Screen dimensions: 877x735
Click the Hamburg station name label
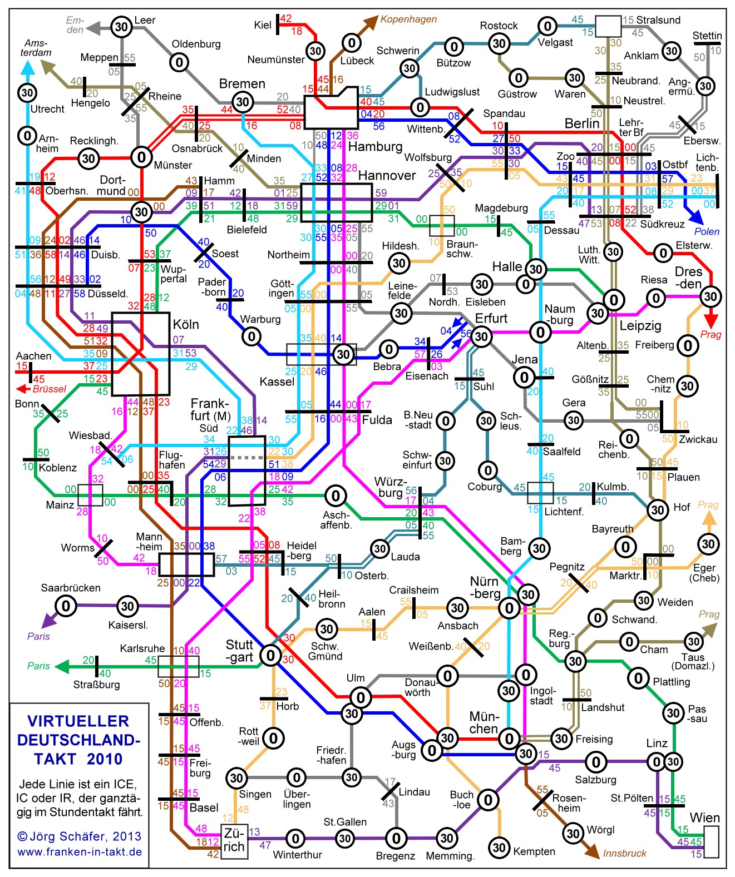(375, 147)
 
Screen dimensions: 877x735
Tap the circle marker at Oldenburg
(179, 62)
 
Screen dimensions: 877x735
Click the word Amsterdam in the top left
(37, 48)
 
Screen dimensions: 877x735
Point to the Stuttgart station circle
(270, 655)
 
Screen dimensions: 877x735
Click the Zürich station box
(234, 841)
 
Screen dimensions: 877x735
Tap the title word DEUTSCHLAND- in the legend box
(78, 740)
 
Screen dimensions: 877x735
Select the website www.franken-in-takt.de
(80, 852)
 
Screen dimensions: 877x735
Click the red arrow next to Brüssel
(23, 389)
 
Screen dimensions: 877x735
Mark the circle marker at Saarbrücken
(66, 606)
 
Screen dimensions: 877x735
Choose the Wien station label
(705, 817)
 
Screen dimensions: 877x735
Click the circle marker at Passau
(673, 713)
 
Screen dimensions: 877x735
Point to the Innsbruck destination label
(624, 853)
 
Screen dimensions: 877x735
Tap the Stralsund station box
(608, 26)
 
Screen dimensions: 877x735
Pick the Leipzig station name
(640, 325)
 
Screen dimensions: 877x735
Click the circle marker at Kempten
(499, 848)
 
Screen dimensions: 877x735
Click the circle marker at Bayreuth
(625, 547)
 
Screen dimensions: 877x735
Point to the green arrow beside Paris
(62, 666)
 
